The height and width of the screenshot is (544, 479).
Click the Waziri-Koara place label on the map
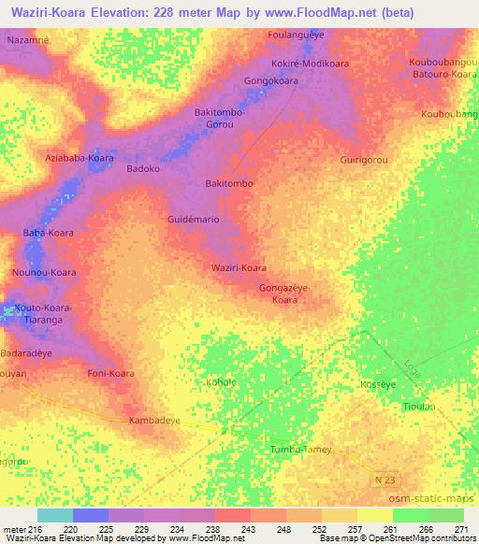[239, 267]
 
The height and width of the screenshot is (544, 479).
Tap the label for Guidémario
[193, 218]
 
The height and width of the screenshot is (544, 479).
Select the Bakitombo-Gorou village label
[220, 118]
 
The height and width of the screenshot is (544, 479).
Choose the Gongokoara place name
[271, 81]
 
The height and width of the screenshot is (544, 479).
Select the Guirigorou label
[364, 160]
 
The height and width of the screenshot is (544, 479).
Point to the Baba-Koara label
[48, 232]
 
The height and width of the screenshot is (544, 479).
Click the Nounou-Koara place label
[44, 272]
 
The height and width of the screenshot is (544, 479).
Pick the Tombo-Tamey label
[300, 450]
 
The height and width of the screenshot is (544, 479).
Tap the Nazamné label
[28, 42]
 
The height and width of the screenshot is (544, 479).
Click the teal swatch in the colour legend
[54, 515]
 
